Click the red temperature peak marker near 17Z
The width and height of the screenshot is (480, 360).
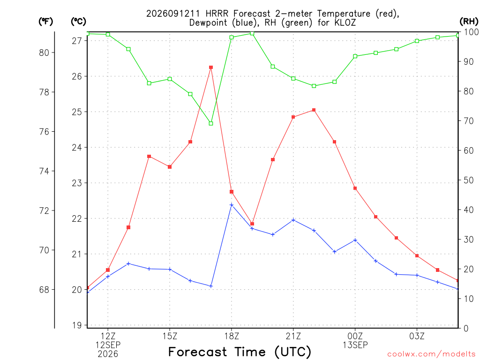pos(211,67)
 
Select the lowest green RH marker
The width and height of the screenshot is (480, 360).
pos(211,123)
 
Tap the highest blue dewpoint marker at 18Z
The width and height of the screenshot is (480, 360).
pos(232,205)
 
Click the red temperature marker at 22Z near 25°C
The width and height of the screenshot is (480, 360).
pos(314,110)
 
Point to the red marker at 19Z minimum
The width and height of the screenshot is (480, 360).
pos(252,224)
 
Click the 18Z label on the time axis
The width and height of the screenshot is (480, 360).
pos(232,336)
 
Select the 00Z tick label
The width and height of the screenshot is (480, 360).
pos(355,336)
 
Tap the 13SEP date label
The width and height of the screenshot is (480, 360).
pos(355,345)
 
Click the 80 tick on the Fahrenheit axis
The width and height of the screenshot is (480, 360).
pos(44,52)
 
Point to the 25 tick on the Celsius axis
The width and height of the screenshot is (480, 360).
pos(77,112)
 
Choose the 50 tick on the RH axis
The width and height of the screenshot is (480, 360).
pos(468,180)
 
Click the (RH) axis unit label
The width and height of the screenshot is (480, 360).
pos(469,21)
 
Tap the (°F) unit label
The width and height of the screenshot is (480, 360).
pos(45,22)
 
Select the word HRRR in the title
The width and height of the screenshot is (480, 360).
pos(217,14)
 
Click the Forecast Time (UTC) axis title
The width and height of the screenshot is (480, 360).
pos(240,352)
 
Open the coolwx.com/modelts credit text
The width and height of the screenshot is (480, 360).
pos(431,354)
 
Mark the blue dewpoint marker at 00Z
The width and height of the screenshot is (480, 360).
pos(355,240)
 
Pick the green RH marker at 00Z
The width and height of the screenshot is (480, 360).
pos(355,56)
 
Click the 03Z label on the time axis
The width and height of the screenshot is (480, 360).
pos(417,336)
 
